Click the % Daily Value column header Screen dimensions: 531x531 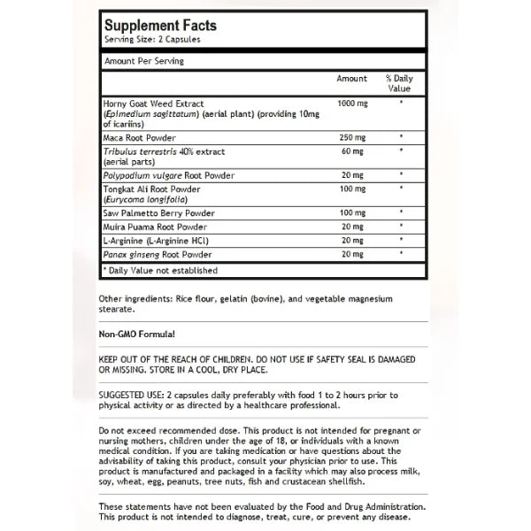400,84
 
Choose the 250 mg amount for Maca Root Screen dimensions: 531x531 352,137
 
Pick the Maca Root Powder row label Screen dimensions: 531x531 139,137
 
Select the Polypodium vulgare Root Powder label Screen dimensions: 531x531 167,175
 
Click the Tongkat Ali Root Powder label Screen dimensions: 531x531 151,189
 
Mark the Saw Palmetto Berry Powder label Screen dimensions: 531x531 159,213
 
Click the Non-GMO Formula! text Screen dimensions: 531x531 137,334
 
